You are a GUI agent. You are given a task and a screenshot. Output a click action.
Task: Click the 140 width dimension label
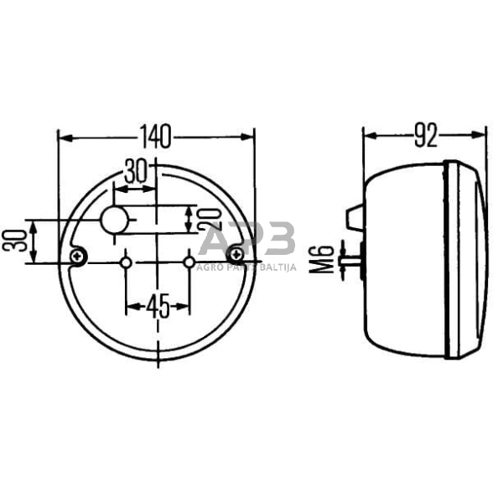pos(156,134)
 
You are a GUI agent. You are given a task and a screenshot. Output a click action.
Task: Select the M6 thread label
pos(326,257)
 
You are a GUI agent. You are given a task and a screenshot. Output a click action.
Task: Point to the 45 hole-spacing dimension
pos(156,307)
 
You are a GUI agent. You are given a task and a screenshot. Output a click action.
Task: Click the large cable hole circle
pos(114,221)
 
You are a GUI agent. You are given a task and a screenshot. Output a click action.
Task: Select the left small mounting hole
pos(126,263)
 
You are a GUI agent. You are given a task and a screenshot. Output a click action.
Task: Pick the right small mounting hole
pos(188,263)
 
